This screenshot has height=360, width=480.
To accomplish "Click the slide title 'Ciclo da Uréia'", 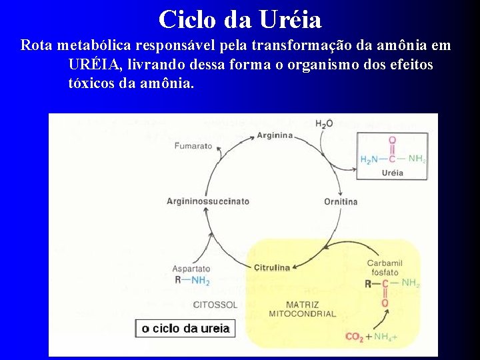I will [x=240, y=19].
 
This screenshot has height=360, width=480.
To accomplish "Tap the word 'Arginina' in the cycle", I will [x=275, y=135].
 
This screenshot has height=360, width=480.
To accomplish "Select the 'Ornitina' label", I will [x=341, y=201].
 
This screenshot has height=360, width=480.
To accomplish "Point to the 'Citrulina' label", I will [x=272, y=268].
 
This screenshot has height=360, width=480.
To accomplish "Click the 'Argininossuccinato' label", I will [x=207, y=201].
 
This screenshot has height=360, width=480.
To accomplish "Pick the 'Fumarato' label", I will [x=193, y=145].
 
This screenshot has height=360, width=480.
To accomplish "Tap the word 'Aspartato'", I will [x=191, y=269].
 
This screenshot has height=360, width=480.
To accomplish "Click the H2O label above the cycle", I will [x=324, y=124].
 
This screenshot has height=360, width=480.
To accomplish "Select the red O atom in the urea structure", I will [x=391, y=141].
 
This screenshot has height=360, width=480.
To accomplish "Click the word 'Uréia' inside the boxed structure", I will [x=392, y=173].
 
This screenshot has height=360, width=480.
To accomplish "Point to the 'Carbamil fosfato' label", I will [x=385, y=267].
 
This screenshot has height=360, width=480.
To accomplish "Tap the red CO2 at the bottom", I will [x=354, y=337].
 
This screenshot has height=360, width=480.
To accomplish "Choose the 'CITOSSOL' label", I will [x=215, y=305].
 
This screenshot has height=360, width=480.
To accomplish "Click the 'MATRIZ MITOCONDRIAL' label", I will [x=303, y=309].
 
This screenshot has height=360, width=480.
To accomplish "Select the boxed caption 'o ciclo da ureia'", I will [x=185, y=328].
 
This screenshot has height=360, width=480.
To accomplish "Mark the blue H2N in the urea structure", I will [x=369, y=159].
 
